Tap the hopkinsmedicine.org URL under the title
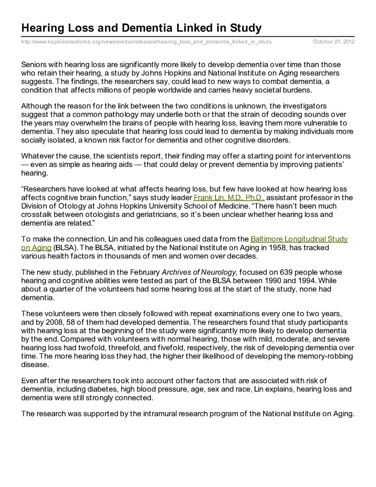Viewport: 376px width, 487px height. pos(147,42)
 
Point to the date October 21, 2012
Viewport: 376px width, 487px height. pos(334,42)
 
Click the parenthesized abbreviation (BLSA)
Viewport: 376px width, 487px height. pos(64,247)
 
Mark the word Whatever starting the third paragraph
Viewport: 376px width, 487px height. pos(37,156)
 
